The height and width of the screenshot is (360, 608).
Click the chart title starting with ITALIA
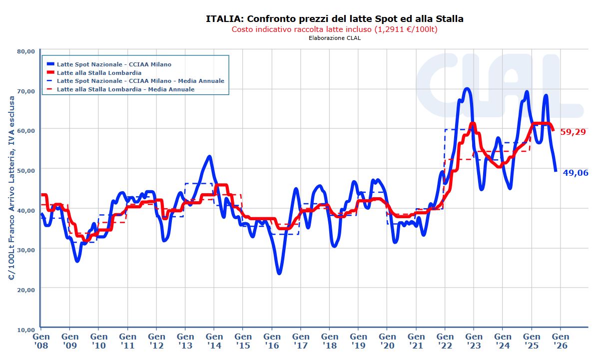tap(334, 19)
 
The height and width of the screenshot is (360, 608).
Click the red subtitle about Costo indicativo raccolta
tap(334, 29)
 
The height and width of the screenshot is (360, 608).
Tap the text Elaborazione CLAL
tap(334, 38)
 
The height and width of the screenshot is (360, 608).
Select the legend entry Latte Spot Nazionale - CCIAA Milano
tap(114, 64)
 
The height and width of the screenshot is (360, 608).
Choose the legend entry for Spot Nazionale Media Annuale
tap(140, 81)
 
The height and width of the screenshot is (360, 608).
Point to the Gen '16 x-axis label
tap(272, 341)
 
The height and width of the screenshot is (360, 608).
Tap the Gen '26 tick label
tap(561, 341)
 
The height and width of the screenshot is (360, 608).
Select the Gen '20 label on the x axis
tap(387, 341)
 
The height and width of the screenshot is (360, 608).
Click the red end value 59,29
tap(574, 132)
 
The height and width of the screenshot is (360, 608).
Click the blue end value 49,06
tap(576, 173)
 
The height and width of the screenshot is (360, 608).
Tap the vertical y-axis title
tap(11, 189)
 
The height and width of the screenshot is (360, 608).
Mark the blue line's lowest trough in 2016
tap(279, 273)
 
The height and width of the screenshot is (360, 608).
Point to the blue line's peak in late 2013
tap(209, 157)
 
